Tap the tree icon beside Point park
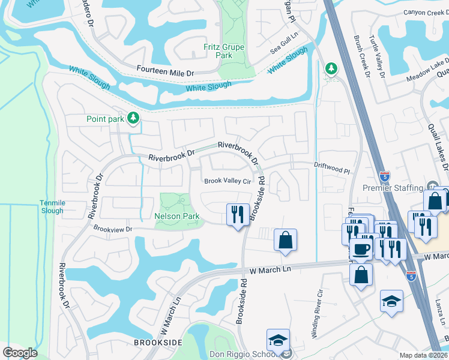point(133,119)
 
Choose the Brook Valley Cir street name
point(227,181)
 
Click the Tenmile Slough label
point(52,206)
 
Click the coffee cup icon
point(360,249)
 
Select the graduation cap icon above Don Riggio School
point(278,340)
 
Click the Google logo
point(20,353)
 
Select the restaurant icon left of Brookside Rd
point(238,214)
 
